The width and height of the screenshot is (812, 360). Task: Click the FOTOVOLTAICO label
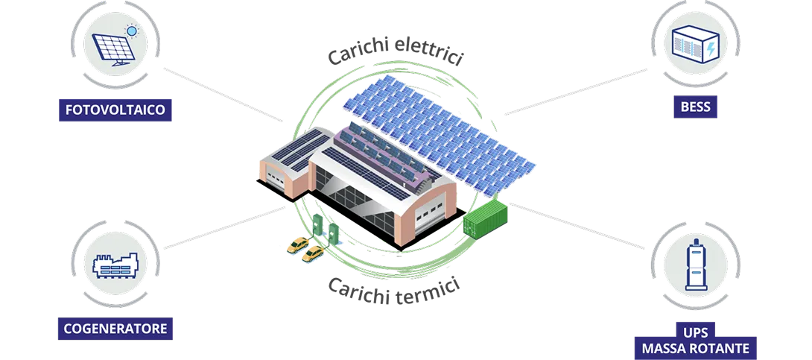click(x=115, y=111)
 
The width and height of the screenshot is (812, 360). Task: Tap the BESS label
click(x=695, y=107)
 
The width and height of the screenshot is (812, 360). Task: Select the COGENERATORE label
click(x=115, y=328)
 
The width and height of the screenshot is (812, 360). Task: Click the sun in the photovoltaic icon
click(x=133, y=31)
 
